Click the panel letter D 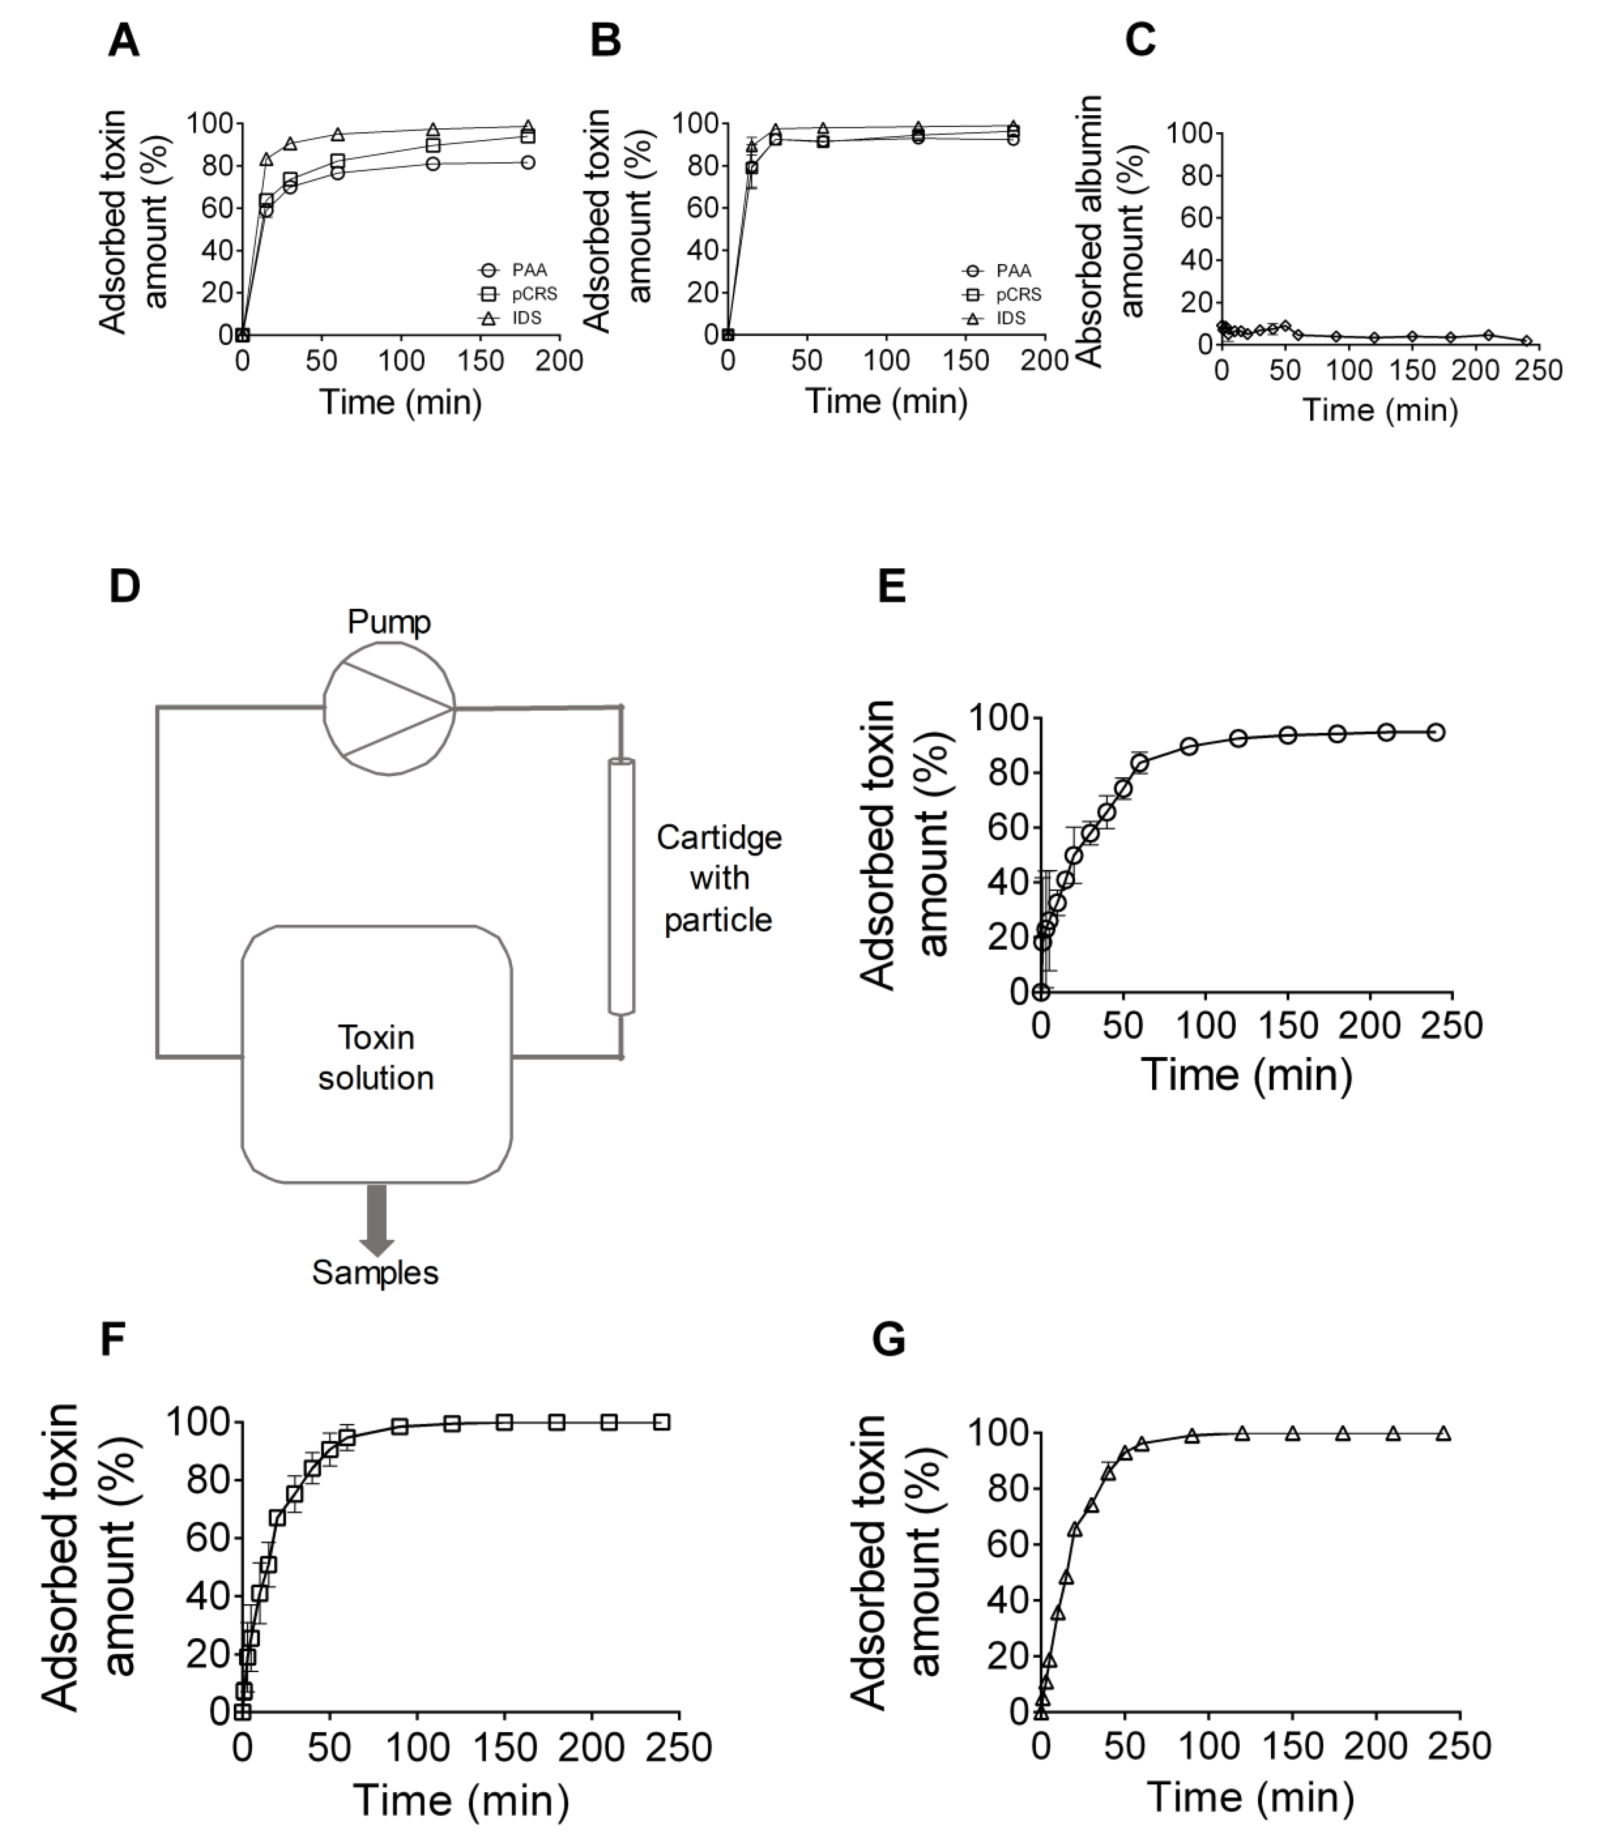pyautogui.click(x=124, y=587)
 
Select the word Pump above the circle pyautogui.click(x=389, y=622)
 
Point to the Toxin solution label pyautogui.click(x=376, y=1058)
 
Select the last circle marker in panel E pyautogui.click(x=1435, y=732)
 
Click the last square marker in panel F pyautogui.click(x=661, y=1422)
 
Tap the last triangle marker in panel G pyautogui.click(x=1443, y=1433)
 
